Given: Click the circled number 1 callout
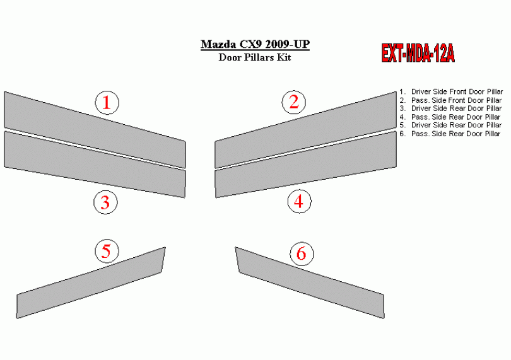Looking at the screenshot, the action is [x=107, y=103].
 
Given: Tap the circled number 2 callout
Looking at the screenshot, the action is [x=294, y=102].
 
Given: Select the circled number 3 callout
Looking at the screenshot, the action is [x=105, y=202].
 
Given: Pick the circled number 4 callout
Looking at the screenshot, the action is [x=300, y=201].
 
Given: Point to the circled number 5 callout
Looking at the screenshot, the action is [x=107, y=251].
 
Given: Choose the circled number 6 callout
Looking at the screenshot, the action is [x=302, y=253].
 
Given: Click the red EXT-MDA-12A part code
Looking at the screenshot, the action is [x=418, y=53].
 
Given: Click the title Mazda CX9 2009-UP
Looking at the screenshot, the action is [x=255, y=44].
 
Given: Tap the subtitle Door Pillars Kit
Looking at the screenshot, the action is [x=255, y=57].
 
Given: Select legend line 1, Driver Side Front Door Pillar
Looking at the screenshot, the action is [x=451, y=91].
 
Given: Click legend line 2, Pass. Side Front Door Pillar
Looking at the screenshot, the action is [x=450, y=100].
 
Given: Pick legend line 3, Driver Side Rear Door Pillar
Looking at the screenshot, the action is [x=450, y=108].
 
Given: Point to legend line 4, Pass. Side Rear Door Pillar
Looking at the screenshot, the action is [x=450, y=117].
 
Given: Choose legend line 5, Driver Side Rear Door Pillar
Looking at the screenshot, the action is [x=450, y=125].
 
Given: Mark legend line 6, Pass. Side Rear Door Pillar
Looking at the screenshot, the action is [x=450, y=134].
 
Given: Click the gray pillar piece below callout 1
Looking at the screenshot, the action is [x=95, y=130].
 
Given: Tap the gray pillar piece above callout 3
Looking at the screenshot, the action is [x=95, y=164].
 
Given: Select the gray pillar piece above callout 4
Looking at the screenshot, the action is [x=306, y=164].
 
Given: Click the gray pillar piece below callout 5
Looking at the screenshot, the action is [x=91, y=283].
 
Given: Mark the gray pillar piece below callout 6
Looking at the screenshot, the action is [x=310, y=283].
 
